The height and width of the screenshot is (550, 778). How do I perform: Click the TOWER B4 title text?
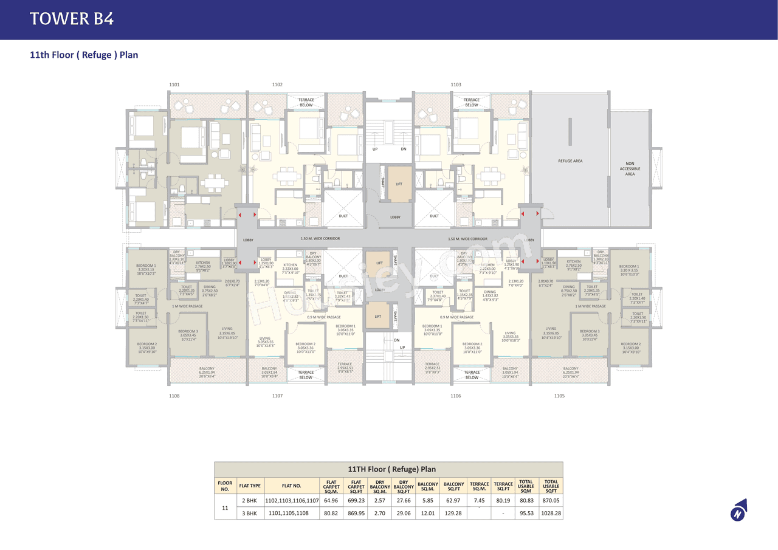click(72, 19)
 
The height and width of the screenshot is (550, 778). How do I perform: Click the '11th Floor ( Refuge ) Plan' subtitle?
click(84, 55)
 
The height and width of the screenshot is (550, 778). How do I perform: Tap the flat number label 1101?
click(174, 85)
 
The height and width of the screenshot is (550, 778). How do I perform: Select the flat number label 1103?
click(456, 85)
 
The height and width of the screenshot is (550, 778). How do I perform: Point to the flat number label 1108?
click(174, 396)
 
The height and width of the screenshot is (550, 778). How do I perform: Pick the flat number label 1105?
click(559, 396)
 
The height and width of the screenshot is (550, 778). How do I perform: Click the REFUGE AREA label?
click(570, 161)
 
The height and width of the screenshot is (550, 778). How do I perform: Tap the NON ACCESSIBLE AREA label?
click(630, 169)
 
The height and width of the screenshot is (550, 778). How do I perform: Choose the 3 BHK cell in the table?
click(250, 514)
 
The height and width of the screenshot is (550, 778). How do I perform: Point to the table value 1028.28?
click(551, 514)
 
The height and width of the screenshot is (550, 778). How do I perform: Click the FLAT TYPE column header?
click(250, 486)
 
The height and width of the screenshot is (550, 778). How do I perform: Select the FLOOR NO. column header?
click(225, 486)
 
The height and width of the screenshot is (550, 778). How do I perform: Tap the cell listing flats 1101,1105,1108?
click(291, 514)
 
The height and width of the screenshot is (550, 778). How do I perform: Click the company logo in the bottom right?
click(738, 510)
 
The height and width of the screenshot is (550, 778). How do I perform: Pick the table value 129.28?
click(453, 514)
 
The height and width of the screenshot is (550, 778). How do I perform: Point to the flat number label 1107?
click(277, 396)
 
